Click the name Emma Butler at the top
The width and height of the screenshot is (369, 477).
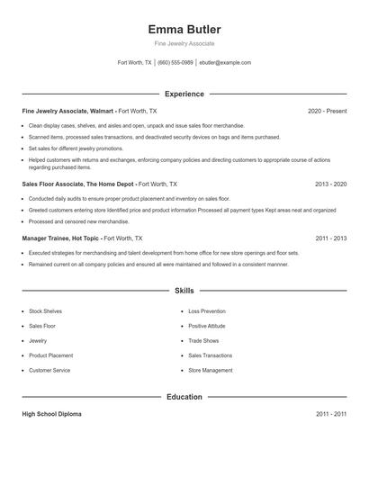pos(184,29)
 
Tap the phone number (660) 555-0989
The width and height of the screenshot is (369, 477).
pos(175,63)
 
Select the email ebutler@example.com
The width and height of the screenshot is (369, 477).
pos(225,63)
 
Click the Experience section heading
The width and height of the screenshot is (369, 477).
pos(184,94)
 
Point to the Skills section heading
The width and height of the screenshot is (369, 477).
pos(184,292)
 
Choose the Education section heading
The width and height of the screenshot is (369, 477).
pos(184,397)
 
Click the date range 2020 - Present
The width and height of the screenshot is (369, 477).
pos(327,111)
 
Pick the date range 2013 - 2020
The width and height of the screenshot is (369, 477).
pos(330,184)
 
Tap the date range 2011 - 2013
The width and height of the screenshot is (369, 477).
pos(330,238)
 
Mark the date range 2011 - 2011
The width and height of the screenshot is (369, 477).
pos(330,414)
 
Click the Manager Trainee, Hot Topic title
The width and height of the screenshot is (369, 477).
pos(61,238)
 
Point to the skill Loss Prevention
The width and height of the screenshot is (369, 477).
pos(207,310)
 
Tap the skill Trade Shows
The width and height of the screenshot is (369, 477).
pos(202,340)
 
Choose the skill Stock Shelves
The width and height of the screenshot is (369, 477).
pos(46,310)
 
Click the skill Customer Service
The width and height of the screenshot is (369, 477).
pos(49,370)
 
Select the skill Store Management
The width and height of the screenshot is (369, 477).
pos(210,370)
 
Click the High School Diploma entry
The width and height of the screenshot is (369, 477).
pos(51,414)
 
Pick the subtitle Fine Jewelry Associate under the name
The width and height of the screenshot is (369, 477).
pos(184,43)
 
